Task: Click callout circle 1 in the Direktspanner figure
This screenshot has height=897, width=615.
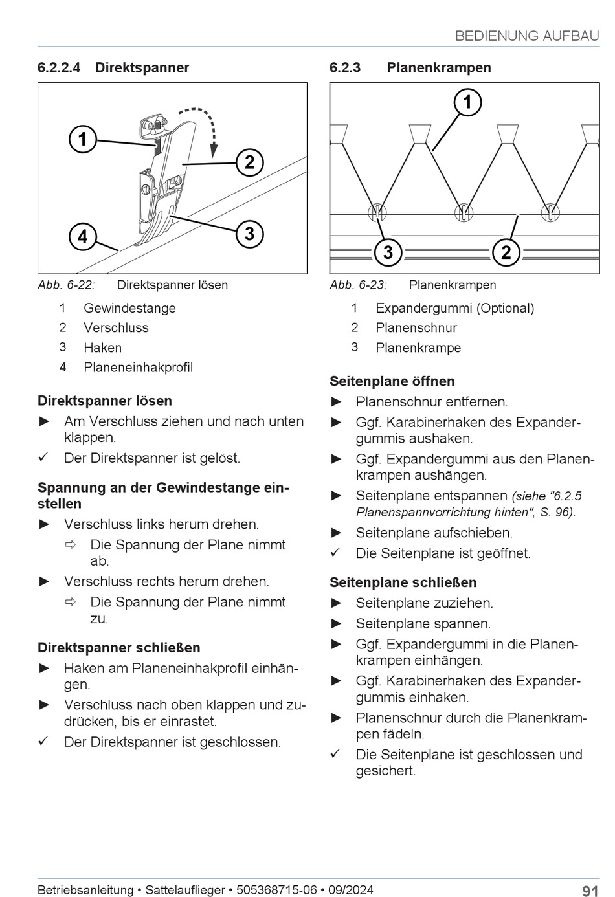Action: [83, 139]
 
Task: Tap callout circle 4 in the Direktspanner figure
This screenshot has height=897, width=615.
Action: [83, 236]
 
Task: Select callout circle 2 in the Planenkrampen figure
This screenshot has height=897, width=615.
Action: [506, 252]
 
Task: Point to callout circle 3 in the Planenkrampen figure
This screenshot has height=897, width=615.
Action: [388, 252]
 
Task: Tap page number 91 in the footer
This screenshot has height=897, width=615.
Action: [590, 891]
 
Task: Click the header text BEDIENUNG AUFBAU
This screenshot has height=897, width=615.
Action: [527, 36]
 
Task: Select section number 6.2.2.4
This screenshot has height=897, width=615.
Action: [59, 67]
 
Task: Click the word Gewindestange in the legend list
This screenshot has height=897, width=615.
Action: [129, 308]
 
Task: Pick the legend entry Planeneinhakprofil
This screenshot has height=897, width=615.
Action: [138, 367]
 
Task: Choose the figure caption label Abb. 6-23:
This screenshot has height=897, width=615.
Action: [358, 285]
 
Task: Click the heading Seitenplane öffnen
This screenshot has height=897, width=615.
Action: [392, 381]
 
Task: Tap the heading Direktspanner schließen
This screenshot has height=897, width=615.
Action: [118, 647]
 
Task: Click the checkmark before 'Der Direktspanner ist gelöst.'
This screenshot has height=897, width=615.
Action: [43, 458]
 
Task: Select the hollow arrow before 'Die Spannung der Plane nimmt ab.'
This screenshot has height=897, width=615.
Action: [71, 545]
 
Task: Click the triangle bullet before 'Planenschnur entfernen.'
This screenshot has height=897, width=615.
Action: [336, 402]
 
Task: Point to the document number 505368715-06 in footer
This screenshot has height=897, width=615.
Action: [276, 890]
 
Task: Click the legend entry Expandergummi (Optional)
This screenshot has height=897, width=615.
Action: [454, 308]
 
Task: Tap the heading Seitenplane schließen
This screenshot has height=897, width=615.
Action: [403, 582]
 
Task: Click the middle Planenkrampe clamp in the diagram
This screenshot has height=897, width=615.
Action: [462, 212]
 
